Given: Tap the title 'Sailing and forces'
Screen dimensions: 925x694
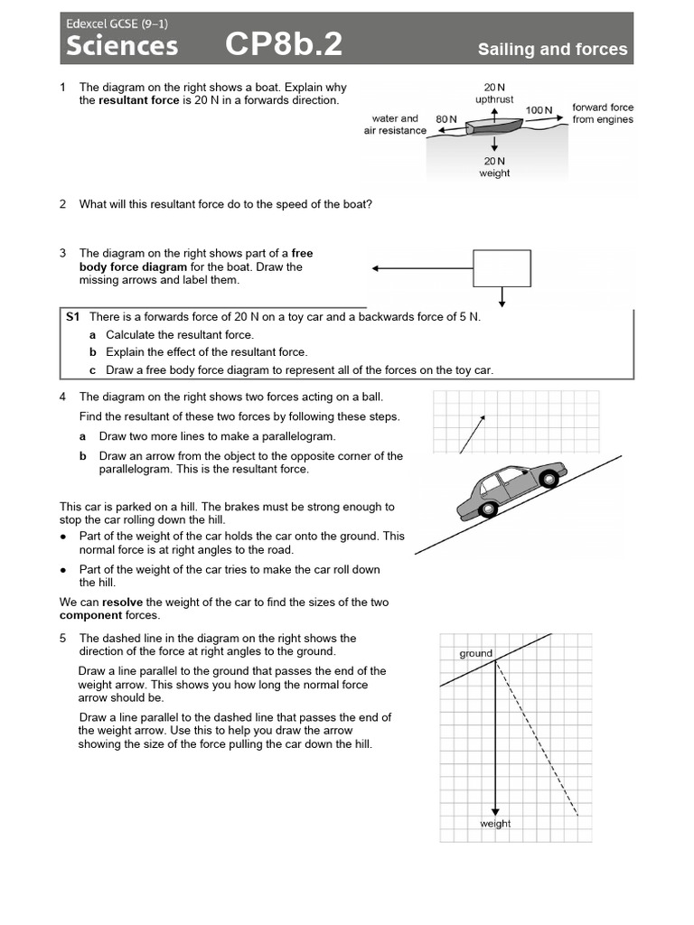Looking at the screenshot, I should pos(552,50).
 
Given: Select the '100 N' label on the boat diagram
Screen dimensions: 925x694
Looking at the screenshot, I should pos(539,110).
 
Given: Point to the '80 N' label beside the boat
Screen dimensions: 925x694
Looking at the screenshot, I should pos(446,118).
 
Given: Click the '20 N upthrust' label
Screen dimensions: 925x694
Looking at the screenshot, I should pos(494,92).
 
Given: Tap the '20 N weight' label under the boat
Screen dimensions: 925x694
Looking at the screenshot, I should pos(494,166).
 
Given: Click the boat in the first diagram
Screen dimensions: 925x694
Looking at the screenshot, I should pos(493,126).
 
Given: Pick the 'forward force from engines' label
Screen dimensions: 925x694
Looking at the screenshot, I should pos(603,113).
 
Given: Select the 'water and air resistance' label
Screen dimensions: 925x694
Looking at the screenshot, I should pos(395,124).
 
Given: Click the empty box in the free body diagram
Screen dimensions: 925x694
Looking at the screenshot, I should pos(502,268).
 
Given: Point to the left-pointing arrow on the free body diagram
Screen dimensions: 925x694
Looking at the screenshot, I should pos(421,268).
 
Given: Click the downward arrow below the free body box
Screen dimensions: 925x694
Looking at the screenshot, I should pos(502,297).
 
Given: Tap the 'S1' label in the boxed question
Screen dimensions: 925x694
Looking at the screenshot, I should pos(73,317).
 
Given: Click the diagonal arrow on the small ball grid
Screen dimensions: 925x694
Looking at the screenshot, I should pos(473,434).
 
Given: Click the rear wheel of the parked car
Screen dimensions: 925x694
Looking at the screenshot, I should pos(489,509).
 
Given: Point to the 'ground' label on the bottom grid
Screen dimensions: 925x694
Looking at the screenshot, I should pos(475,653).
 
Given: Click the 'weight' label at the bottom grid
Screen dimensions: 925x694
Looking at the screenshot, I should pos(495,824).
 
